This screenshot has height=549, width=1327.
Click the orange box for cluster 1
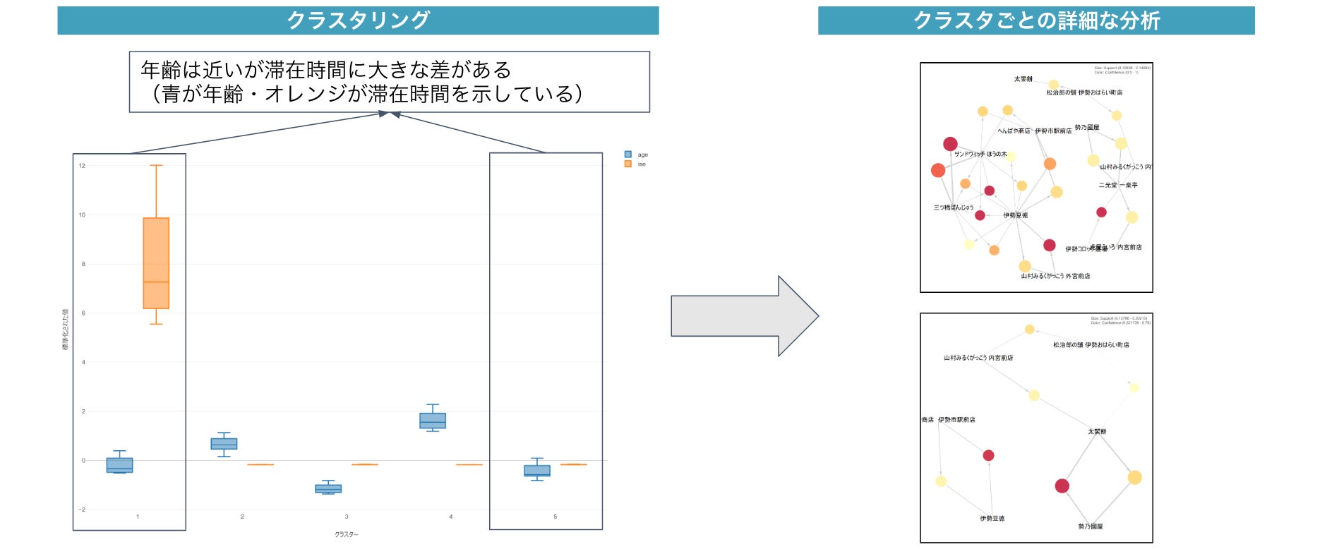pyautogui.click(x=156, y=263)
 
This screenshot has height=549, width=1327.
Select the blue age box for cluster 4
pyautogui.click(x=433, y=421)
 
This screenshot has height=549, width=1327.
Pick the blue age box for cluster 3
pyautogui.click(x=328, y=488)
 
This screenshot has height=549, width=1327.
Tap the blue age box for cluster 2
pyautogui.click(x=224, y=444)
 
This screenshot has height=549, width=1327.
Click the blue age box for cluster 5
pyautogui.click(x=537, y=470)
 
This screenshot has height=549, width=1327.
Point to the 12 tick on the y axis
pyautogui.click(x=83, y=166)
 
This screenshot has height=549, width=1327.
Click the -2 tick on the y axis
pyautogui.click(x=83, y=509)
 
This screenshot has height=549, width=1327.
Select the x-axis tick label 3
pyautogui.click(x=347, y=517)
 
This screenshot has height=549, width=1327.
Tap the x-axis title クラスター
pyautogui.click(x=347, y=535)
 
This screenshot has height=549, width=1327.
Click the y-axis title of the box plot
pyautogui.click(x=66, y=330)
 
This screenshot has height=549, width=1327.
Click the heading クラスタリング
pyautogui.click(x=358, y=20)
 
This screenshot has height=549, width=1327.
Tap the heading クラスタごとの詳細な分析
pyautogui.click(x=1036, y=20)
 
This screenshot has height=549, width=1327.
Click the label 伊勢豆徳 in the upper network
pyautogui.click(x=1016, y=215)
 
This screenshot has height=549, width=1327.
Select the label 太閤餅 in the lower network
pyautogui.click(x=1097, y=431)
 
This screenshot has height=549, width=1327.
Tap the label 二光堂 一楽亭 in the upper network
pyautogui.click(x=1118, y=185)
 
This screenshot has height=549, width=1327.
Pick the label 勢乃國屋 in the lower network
pyautogui.click(x=1090, y=526)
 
